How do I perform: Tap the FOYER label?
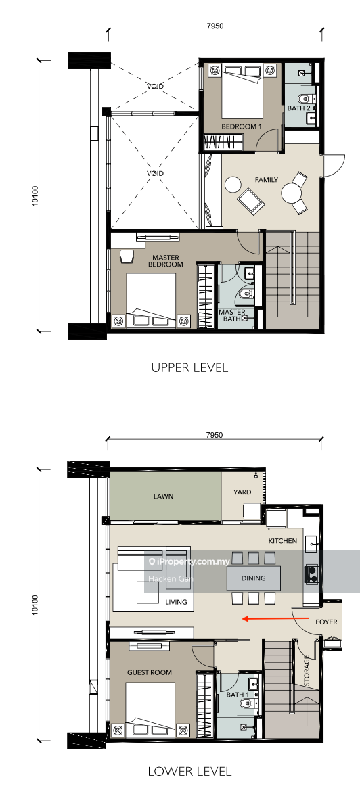325,622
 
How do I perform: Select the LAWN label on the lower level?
162,496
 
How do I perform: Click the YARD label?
242,492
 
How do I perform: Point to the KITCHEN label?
282,542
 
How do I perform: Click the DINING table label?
254,578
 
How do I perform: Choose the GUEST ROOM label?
150,672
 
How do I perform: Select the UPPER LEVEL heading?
189,368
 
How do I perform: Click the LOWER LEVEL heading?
189,770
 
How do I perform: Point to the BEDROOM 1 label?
242,126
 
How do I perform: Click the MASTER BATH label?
232,315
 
